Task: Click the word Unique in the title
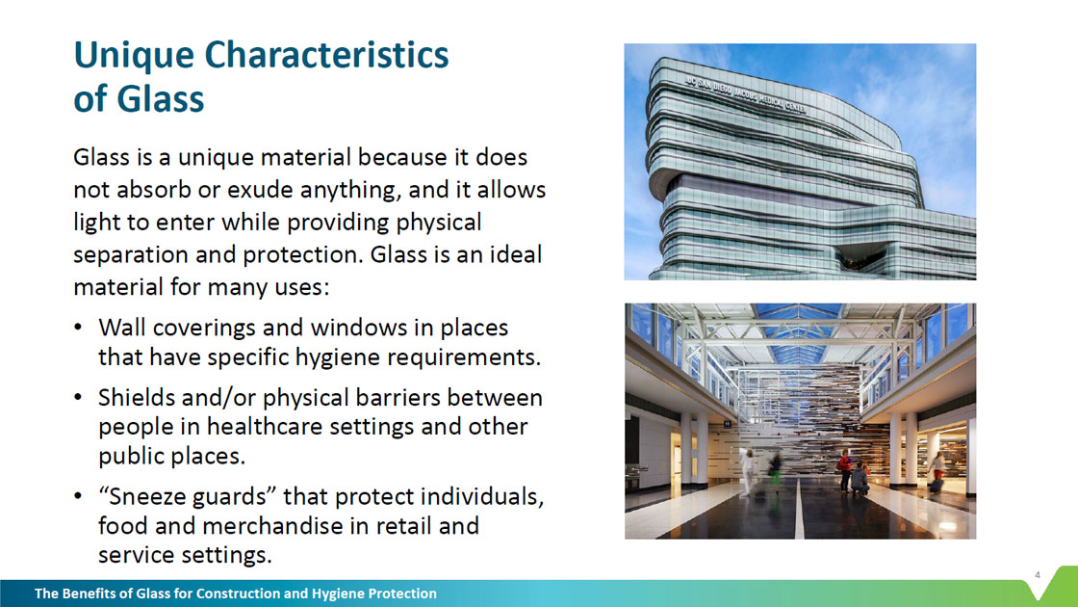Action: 134,56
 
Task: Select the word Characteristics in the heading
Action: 326,54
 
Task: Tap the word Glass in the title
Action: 160,98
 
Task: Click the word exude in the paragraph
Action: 258,189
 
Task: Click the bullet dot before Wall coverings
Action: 79,328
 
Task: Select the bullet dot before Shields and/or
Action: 79,398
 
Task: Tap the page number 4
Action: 1038,575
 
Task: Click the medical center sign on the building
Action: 745,95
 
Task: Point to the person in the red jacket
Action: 845,470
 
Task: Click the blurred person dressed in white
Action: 748,471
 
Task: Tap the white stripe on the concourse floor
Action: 799,510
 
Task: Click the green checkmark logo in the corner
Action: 1054,583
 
